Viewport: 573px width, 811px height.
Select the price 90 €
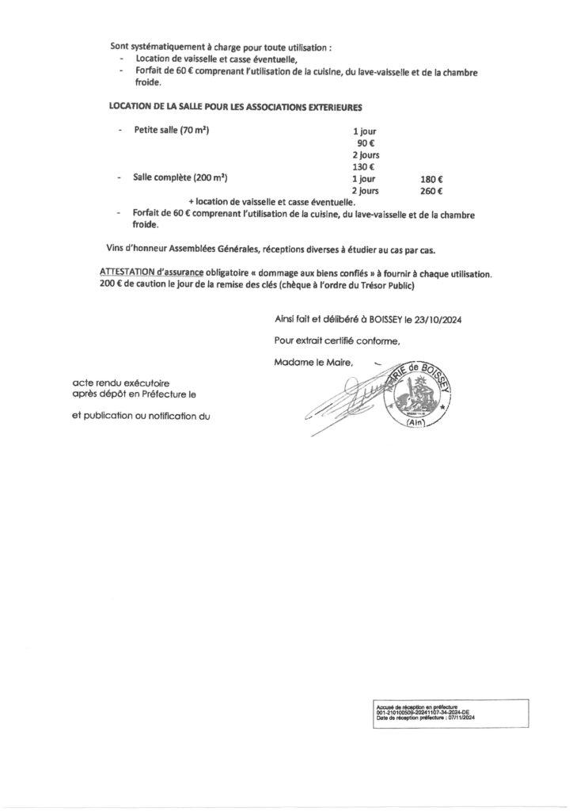[366, 143]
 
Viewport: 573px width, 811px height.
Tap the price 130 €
[364, 167]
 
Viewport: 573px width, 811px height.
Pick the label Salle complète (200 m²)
[181, 179]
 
